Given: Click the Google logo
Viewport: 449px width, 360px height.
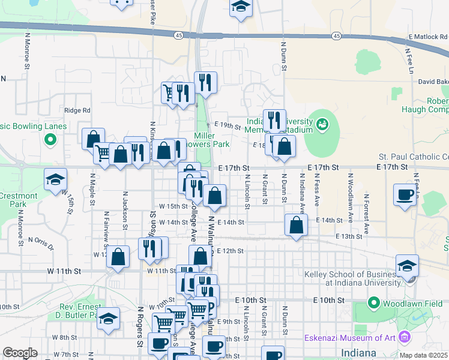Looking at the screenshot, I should (x=20, y=353).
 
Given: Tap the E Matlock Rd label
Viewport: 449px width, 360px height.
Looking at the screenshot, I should (x=428, y=37).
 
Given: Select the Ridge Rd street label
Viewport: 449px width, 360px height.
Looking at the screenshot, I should (x=77, y=110).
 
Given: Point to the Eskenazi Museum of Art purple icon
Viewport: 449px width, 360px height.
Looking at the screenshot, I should (x=408, y=339).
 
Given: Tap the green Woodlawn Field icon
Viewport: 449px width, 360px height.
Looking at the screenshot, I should (x=374, y=304).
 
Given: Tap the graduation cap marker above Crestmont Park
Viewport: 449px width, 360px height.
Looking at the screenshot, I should (x=55, y=179).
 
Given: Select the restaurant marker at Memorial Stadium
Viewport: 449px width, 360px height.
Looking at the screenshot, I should (x=274, y=120).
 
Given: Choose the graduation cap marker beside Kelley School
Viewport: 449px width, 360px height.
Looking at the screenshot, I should (x=407, y=266).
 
